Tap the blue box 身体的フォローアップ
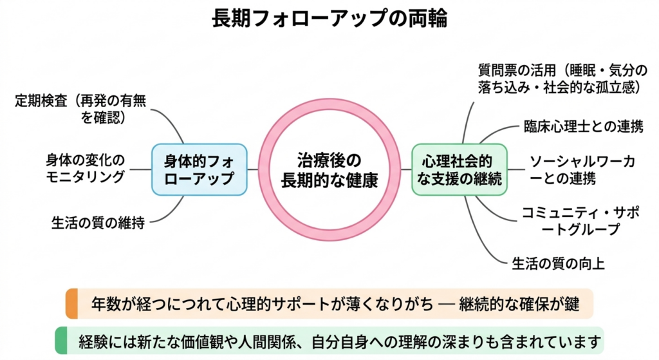coord(200,169)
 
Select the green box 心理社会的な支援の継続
coord(459,169)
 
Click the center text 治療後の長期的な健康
coord(329,169)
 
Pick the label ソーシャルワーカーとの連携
coord(582,169)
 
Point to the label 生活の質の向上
coord(558,263)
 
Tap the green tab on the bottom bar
coord(61,340)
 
